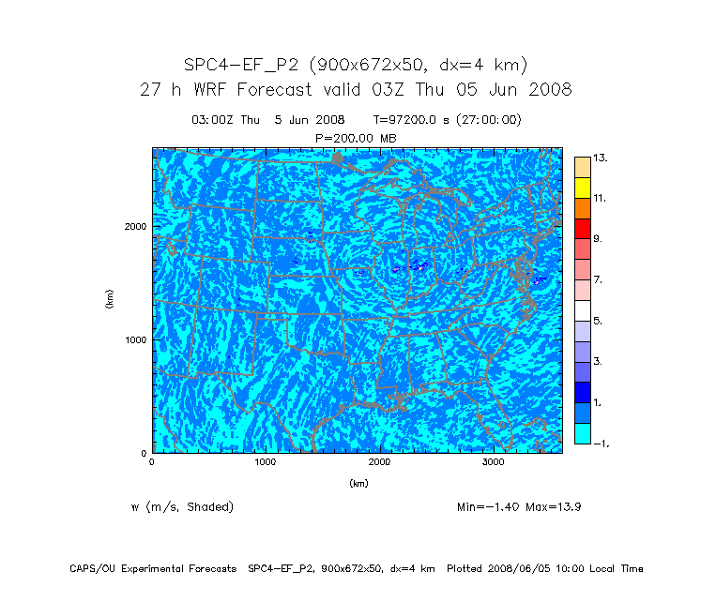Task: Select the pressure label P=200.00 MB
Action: click(356, 138)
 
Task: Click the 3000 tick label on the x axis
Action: click(495, 462)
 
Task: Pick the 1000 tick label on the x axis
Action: click(266, 462)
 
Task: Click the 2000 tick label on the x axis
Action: click(380, 462)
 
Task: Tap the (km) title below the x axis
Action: click(358, 484)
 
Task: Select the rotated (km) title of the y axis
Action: click(110, 300)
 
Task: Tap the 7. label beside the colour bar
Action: click(598, 280)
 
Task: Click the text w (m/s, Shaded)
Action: click(182, 507)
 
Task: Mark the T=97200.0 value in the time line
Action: click(406, 120)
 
